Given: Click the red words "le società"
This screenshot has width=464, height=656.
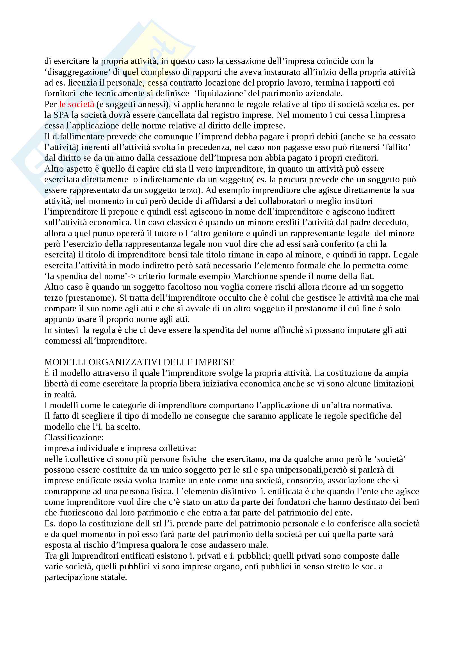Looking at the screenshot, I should point(77,104).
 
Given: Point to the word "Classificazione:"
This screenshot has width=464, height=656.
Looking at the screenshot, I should point(74,438).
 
